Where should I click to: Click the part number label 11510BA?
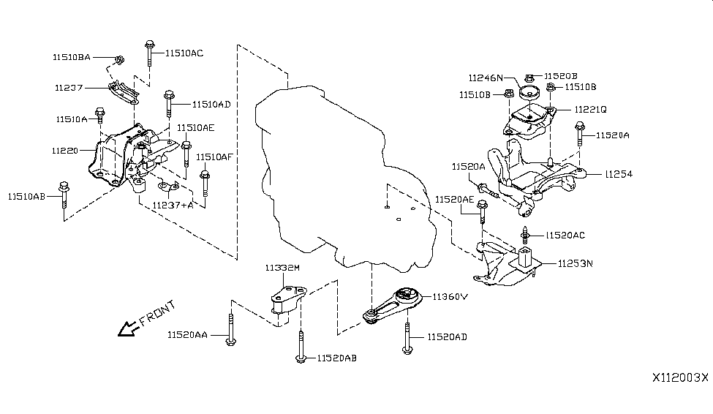point(72,56)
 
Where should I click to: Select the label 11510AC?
point(184,53)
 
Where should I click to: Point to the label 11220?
point(65,150)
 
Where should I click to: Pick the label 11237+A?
point(173,206)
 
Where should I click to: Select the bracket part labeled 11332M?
point(286,302)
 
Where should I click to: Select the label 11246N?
point(486,78)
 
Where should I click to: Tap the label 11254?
point(619,174)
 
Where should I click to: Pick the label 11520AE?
point(455,199)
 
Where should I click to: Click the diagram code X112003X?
point(680,378)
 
